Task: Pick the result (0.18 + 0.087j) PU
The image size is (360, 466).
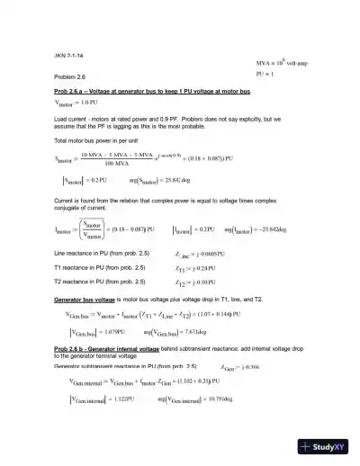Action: pos(205,158)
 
